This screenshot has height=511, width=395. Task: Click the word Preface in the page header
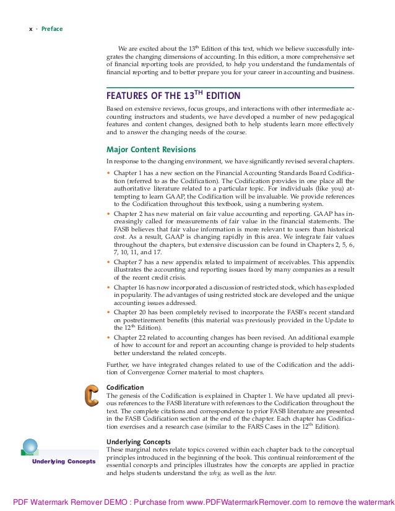point(52,28)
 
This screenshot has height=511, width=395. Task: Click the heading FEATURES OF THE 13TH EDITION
point(173,97)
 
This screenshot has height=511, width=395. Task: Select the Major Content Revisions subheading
point(152,149)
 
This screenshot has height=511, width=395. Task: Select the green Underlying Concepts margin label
point(64,462)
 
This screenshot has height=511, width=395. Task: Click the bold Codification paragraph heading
point(125,387)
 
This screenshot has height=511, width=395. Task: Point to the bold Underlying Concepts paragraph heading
point(138,441)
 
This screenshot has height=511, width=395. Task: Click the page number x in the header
point(31,28)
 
